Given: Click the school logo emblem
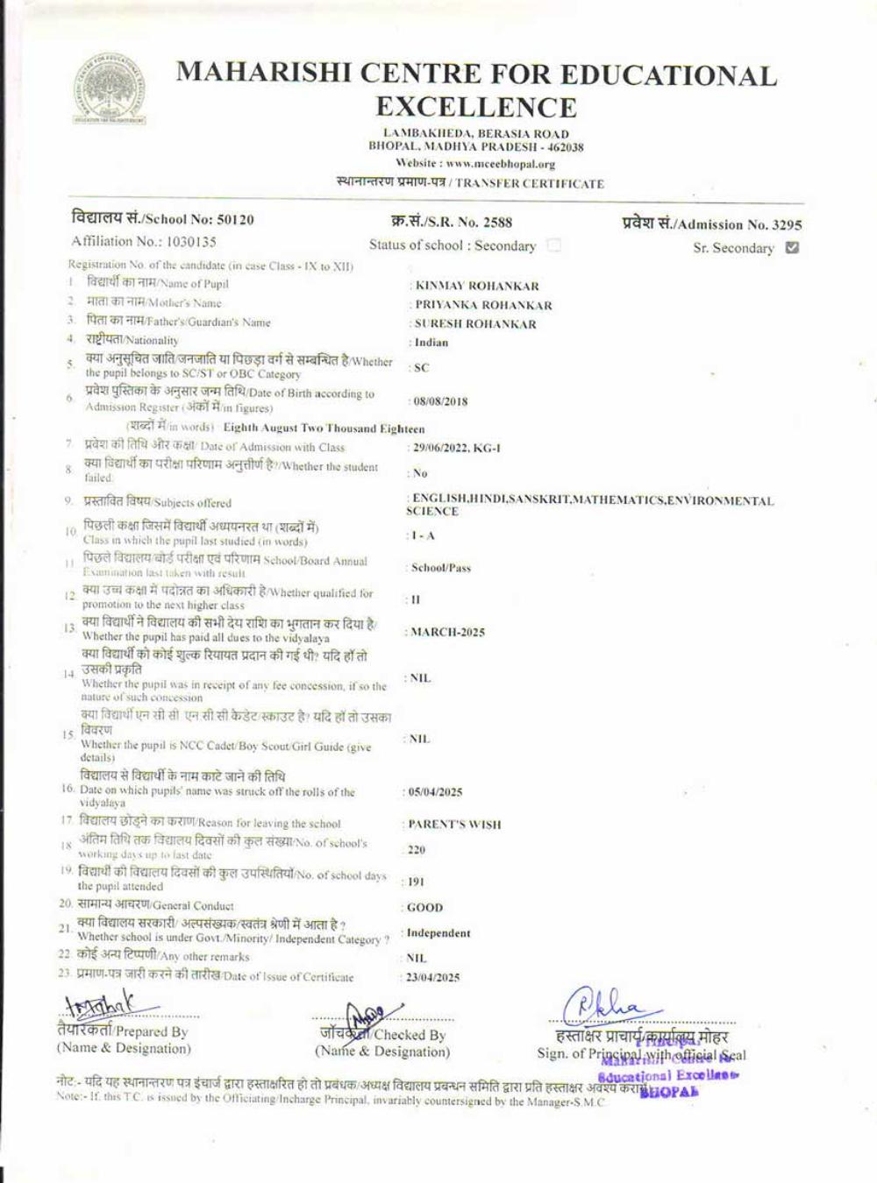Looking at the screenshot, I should tap(109, 89).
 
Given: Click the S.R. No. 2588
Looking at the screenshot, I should tap(494, 223).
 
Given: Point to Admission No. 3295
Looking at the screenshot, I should tap(783, 225).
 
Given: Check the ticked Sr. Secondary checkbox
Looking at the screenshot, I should tap(792, 248).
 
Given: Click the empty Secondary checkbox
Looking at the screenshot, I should tap(553, 245).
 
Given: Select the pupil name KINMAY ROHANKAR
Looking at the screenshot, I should tap(477, 287).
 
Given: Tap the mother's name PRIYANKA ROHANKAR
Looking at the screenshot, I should tap(483, 306).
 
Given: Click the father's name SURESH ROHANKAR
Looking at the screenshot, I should tap(475, 324).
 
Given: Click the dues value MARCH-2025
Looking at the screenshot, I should tap(447, 633).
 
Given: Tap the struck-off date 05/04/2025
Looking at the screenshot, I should tap(436, 792).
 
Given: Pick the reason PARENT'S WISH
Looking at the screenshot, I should tap(454, 825).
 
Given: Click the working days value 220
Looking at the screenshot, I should tap(417, 850).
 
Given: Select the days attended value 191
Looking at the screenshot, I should tap(417, 882).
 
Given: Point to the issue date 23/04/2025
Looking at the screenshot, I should tap(433, 978).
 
